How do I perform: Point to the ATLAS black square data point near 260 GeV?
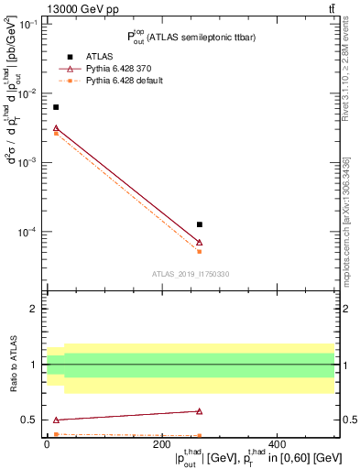(200, 224)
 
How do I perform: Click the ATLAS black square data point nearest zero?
(56, 107)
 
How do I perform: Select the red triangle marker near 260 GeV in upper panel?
(200, 243)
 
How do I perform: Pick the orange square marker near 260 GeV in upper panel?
(200, 251)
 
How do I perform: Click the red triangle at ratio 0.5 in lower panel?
(56, 420)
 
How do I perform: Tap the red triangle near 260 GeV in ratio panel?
(200, 411)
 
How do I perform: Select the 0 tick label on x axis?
(47, 444)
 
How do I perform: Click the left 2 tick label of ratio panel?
(33, 309)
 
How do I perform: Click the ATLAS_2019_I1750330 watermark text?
(191, 274)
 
